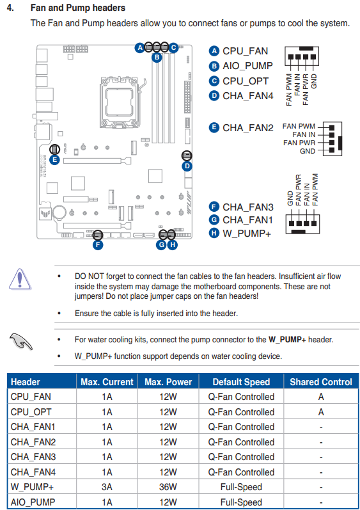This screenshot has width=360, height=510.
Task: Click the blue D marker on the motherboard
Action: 187,166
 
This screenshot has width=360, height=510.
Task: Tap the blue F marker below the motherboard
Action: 98,245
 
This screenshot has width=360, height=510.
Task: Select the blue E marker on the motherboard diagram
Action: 54,159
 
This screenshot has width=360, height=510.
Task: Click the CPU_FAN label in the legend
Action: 246,51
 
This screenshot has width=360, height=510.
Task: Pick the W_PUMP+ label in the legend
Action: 247,234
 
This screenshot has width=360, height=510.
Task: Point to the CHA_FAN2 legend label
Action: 248,128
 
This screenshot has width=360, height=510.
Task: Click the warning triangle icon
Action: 20,279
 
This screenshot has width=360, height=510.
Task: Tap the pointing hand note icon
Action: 21,341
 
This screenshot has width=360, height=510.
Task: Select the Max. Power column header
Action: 168,382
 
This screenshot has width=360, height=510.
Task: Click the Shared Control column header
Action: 321,382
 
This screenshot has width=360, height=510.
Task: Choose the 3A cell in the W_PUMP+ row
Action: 107,487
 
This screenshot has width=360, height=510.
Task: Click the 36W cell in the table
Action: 168,487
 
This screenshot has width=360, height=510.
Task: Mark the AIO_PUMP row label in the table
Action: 33,502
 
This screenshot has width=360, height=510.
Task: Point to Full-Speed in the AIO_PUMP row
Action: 241,502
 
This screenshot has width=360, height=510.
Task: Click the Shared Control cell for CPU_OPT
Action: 321,412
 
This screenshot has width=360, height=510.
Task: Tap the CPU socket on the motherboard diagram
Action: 119,102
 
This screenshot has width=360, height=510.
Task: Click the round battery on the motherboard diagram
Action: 59,212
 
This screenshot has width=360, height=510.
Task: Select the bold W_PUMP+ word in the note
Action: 287,340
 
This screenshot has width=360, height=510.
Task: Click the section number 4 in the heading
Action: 10,8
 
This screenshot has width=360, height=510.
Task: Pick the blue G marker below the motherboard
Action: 162,244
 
